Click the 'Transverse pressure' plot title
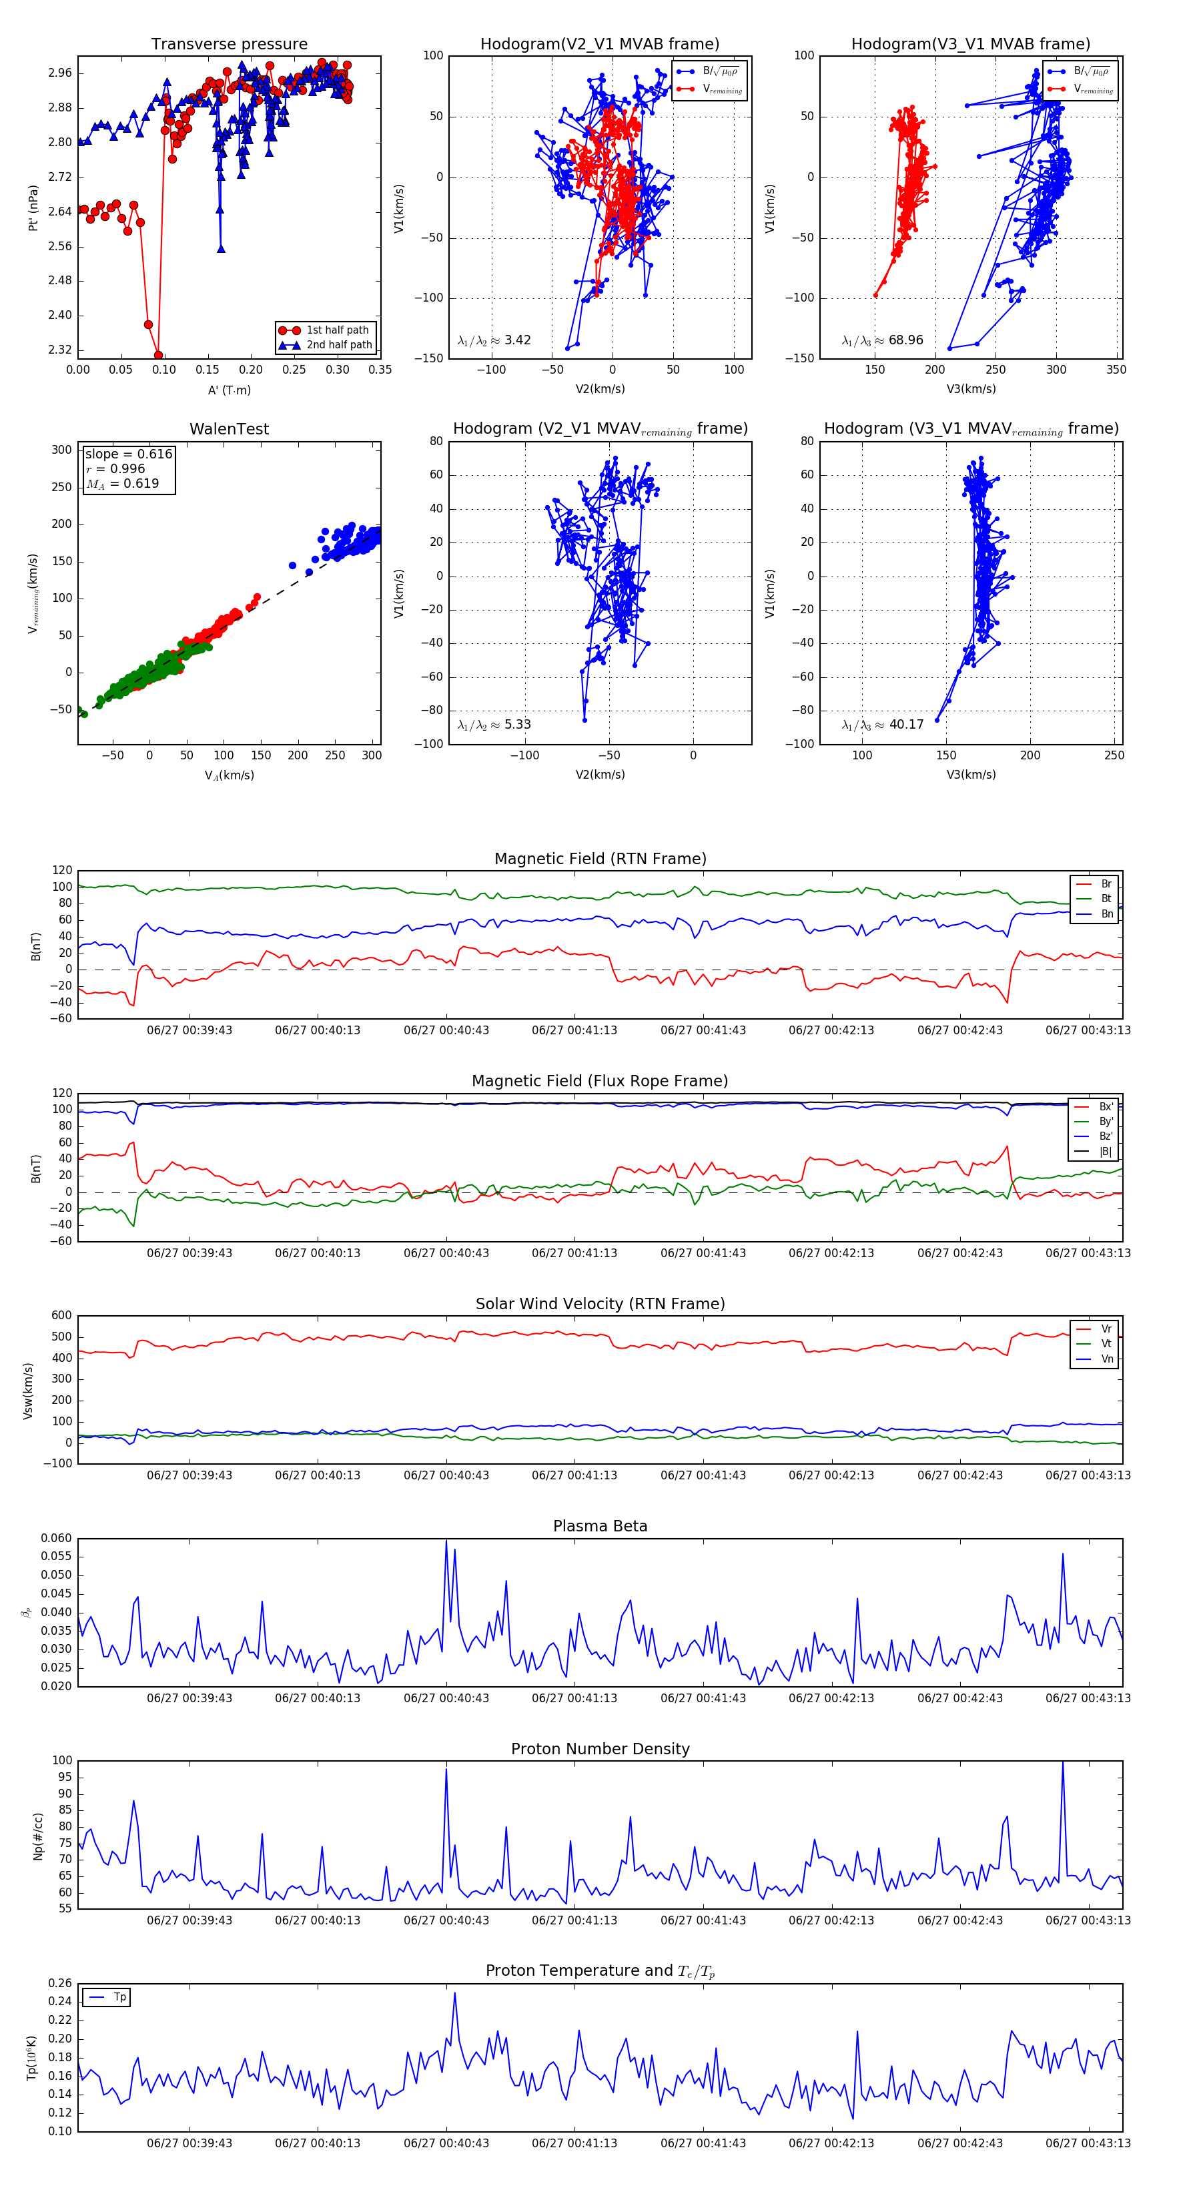[229, 45]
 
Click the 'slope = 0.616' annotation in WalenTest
[128, 454]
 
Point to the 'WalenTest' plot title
[229, 429]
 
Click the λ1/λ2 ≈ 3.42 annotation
[494, 340]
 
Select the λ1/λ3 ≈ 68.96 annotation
[882, 340]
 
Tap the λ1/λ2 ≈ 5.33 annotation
[494, 725]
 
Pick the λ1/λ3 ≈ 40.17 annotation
[882, 725]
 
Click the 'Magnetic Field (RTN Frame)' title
[600, 859]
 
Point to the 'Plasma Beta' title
[600, 1527]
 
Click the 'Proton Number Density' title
[600, 1749]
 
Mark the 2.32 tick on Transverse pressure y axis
[60, 350]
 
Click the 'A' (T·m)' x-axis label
[229, 390]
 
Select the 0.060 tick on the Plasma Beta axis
[57, 1539]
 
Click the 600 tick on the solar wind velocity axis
[61, 1316]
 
